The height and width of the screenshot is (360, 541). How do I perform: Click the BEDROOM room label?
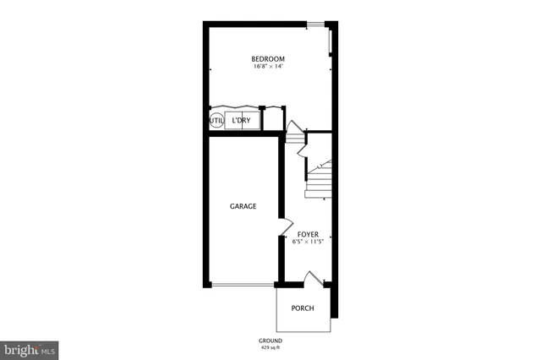pos(267,58)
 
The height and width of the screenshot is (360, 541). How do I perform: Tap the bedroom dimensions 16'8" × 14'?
pos(267,67)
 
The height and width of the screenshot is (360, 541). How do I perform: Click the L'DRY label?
pos(242,121)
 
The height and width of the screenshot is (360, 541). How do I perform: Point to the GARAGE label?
pos(243,206)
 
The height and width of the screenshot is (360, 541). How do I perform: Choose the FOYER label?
pos(308,233)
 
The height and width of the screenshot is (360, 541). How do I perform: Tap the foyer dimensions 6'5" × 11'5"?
pos(308,242)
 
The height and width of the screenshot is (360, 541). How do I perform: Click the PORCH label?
pos(303,308)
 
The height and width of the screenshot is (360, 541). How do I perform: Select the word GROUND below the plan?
pos(270,341)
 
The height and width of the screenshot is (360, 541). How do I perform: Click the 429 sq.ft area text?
pos(270,347)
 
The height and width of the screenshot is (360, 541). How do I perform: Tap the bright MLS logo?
pos(30,349)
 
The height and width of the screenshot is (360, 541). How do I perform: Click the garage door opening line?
pos(243,285)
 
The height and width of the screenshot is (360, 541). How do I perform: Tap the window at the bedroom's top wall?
pos(316,24)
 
